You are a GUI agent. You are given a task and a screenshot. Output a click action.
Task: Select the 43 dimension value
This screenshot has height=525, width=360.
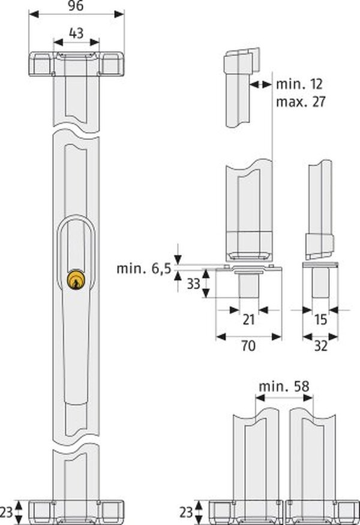(x=76, y=35)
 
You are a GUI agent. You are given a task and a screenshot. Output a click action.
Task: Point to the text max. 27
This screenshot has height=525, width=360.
(x=301, y=101)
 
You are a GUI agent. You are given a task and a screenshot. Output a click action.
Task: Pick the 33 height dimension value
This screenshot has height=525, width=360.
(x=193, y=284)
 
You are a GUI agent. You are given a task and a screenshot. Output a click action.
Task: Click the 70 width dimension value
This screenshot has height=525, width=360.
(x=248, y=346)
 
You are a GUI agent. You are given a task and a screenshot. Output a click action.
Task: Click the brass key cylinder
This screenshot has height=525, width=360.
(x=76, y=279)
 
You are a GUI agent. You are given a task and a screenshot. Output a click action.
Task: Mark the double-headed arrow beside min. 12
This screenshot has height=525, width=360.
(x=260, y=85)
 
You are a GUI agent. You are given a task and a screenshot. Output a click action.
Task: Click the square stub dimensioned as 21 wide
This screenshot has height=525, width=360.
(x=247, y=285)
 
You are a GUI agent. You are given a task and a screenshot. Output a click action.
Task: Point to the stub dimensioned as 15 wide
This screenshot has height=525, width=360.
(x=320, y=282)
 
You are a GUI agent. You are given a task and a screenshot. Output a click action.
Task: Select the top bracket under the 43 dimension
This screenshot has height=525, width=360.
(x=76, y=63)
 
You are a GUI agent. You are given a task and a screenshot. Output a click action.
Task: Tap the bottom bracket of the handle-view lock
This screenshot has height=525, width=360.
(x=76, y=511)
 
